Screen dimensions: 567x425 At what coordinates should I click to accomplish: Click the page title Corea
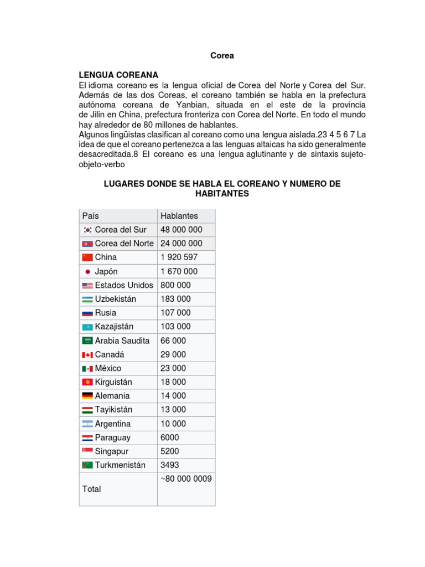click(x=222, y=55)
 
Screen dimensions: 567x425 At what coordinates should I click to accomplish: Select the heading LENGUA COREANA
click(x=118, y=75)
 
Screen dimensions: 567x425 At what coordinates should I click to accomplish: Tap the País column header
click(x=91, y=216)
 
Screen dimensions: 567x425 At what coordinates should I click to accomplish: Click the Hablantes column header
click(x=179, y=216)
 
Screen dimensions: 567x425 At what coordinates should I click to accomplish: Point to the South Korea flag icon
click(x=87, y=230)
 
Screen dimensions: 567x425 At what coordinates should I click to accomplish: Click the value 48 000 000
click(x=181, y=230)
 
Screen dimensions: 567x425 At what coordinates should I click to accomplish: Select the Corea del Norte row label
click(x=125, y=244)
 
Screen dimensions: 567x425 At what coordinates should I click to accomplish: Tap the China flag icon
click(x=87, y=257)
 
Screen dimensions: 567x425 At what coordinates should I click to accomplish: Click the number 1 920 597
click(x=179, y=257)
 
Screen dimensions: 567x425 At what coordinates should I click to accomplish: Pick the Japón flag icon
click(x=87, y=271)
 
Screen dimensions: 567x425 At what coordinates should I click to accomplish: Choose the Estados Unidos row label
click(x=124, y=285)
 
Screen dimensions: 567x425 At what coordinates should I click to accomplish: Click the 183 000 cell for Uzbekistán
click(x=175, y=299)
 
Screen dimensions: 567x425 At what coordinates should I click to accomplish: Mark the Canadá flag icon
click(x=87, y=354)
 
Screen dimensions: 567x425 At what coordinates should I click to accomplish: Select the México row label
click(x=108, y=368)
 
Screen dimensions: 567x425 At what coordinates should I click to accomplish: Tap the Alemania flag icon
click(x=87, y=396)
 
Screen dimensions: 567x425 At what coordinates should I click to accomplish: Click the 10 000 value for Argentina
click(x=173, y=424)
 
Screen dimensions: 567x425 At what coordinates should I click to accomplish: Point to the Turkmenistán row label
click(x=121, y=465)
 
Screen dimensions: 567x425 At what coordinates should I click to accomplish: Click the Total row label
click(x=91, y=489)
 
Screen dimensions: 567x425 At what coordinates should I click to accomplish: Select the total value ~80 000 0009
click(x=186, y=479)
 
